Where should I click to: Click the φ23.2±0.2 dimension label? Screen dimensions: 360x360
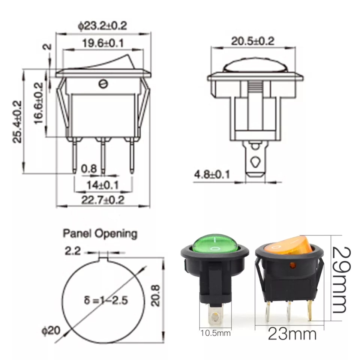(x=102, y=26)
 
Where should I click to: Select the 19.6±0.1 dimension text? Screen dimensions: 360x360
(x=103, y=43)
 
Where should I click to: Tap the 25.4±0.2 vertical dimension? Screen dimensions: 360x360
(x=17, y=121)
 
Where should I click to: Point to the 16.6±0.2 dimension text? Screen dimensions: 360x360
(x=39, y=103)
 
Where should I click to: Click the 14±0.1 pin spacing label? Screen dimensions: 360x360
(x=102, y=185)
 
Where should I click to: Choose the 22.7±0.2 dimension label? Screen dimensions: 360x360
(x=103, y=200)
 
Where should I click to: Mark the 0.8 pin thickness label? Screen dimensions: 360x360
(x=89, y=169)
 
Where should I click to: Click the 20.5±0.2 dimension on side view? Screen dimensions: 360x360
(x=252, y=41)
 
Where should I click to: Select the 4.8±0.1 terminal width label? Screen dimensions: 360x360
(x=212, y=174)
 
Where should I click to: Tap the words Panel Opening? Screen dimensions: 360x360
(x=100, y=234)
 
